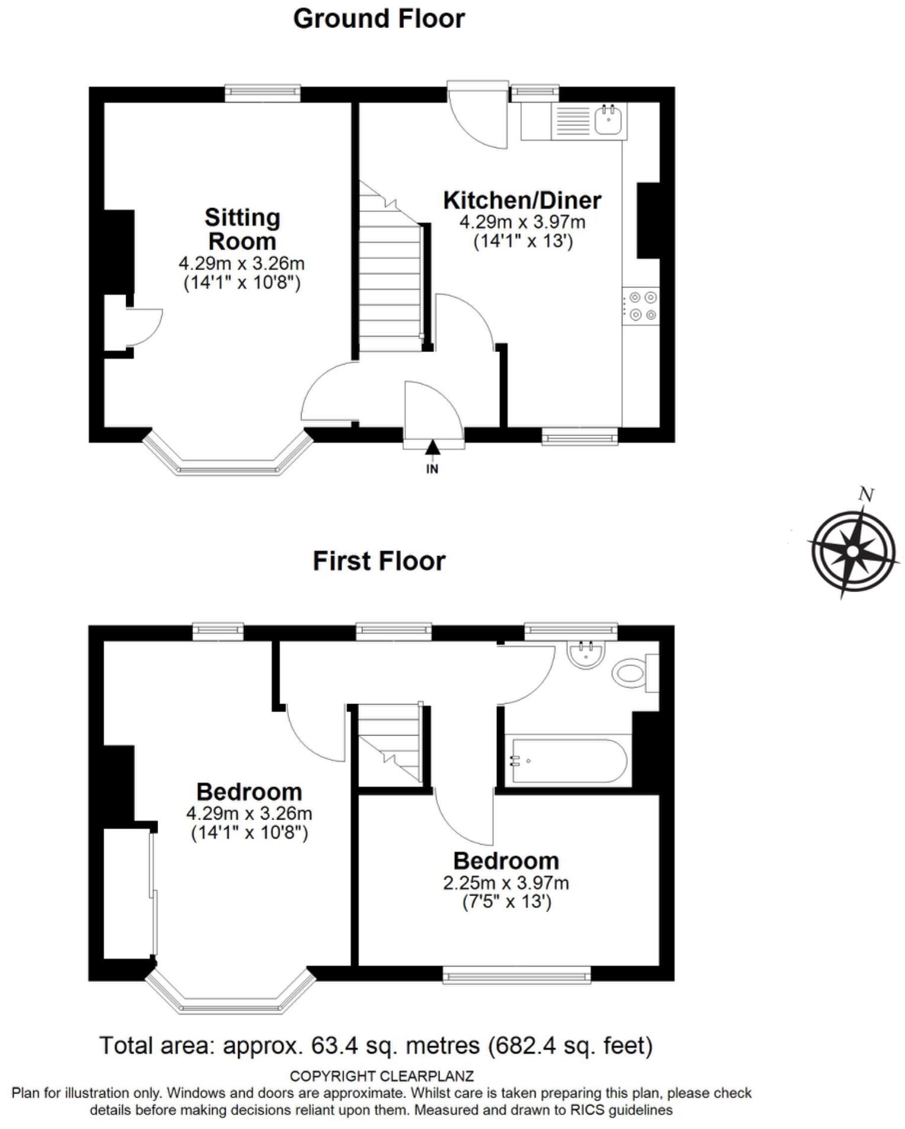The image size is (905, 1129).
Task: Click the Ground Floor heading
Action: [x=379, y=19]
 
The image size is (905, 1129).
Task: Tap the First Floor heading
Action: [x=379, y=561]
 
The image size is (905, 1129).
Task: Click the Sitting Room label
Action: [x=242, y=229]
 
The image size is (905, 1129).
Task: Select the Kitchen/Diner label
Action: [x=522, y=200]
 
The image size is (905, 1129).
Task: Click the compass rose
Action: [x=853, y=551]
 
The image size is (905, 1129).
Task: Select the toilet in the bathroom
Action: [x=631, y=673]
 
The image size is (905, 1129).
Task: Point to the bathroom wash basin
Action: [x=586, y=654]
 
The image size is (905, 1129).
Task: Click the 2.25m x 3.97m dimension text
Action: [x=506, y=883]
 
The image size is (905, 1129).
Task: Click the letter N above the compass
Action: [x=867, y=495]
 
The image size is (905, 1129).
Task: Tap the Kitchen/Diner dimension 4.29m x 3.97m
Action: [x=522, y=223]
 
